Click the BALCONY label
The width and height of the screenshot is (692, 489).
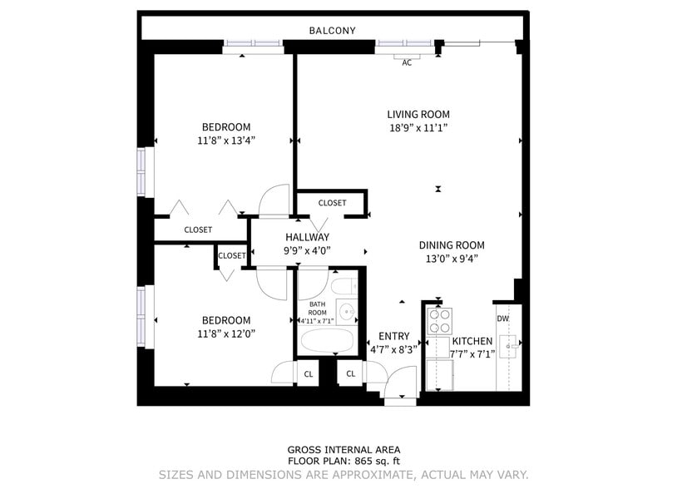(332, 31)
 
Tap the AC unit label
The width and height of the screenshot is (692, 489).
(407, 62)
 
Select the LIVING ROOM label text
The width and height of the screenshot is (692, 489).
(418, 114)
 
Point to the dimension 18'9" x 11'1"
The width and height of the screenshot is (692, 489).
(418, 128)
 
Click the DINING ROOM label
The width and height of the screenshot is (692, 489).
(451, 245)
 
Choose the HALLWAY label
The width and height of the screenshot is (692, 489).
(308, 237)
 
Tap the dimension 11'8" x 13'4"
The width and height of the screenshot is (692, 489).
(225, 141)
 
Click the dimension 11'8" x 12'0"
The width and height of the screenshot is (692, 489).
(225, 333)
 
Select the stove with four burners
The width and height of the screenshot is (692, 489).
(438, 320)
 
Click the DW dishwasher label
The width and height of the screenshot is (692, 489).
(502, 319)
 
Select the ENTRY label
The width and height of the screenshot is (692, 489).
(393, 336)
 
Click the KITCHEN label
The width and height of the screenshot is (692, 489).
(472, 341)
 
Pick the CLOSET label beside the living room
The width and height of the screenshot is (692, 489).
(332, 203)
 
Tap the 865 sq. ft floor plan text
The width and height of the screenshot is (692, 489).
(344, 461)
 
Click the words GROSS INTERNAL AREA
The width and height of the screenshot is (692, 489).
(344, 449)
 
